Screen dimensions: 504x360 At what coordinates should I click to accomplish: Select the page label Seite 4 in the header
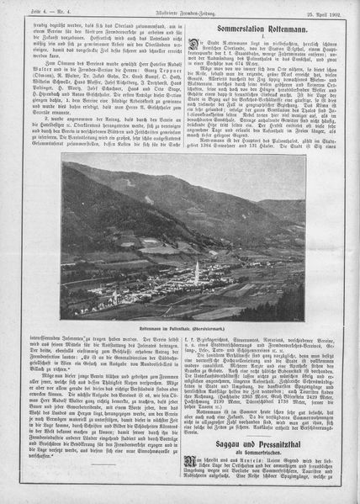tap(16, 8)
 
